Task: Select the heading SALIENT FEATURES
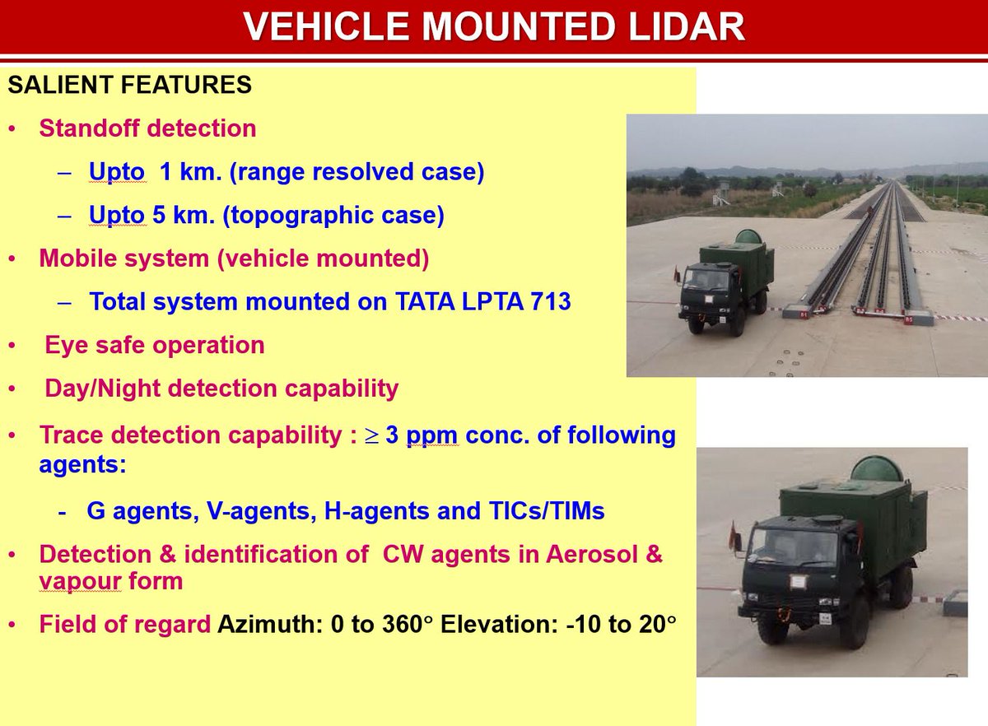pos(129,86)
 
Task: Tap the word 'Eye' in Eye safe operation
pos(63,345)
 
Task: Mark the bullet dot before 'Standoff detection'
pos(11,130)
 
